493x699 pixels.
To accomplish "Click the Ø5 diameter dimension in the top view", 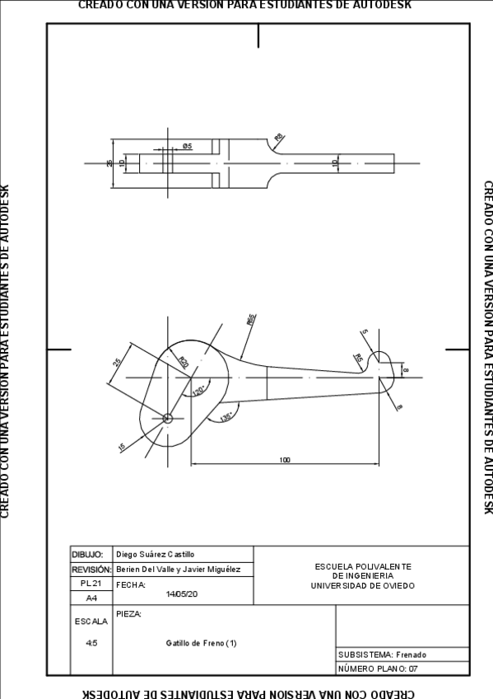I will tap(187, 146).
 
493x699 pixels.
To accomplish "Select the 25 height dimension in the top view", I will tap(110, 163).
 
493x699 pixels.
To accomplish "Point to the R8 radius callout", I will tap(278, 137).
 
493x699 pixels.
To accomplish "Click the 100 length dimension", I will tap(284, 460).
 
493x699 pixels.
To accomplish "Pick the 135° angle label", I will tap(226, 417).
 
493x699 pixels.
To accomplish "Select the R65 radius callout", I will tap(250, 320).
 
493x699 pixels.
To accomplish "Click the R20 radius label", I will tap(184, 362).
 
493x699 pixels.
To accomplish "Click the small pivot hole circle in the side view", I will tap(167, 418).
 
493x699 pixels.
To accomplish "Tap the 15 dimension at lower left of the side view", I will tap(123, 447).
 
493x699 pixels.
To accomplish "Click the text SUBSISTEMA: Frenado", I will tap(382, 654).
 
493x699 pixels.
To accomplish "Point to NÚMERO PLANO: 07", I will tap(378, 669).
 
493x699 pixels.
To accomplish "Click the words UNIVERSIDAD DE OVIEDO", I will tap(362, 586).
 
